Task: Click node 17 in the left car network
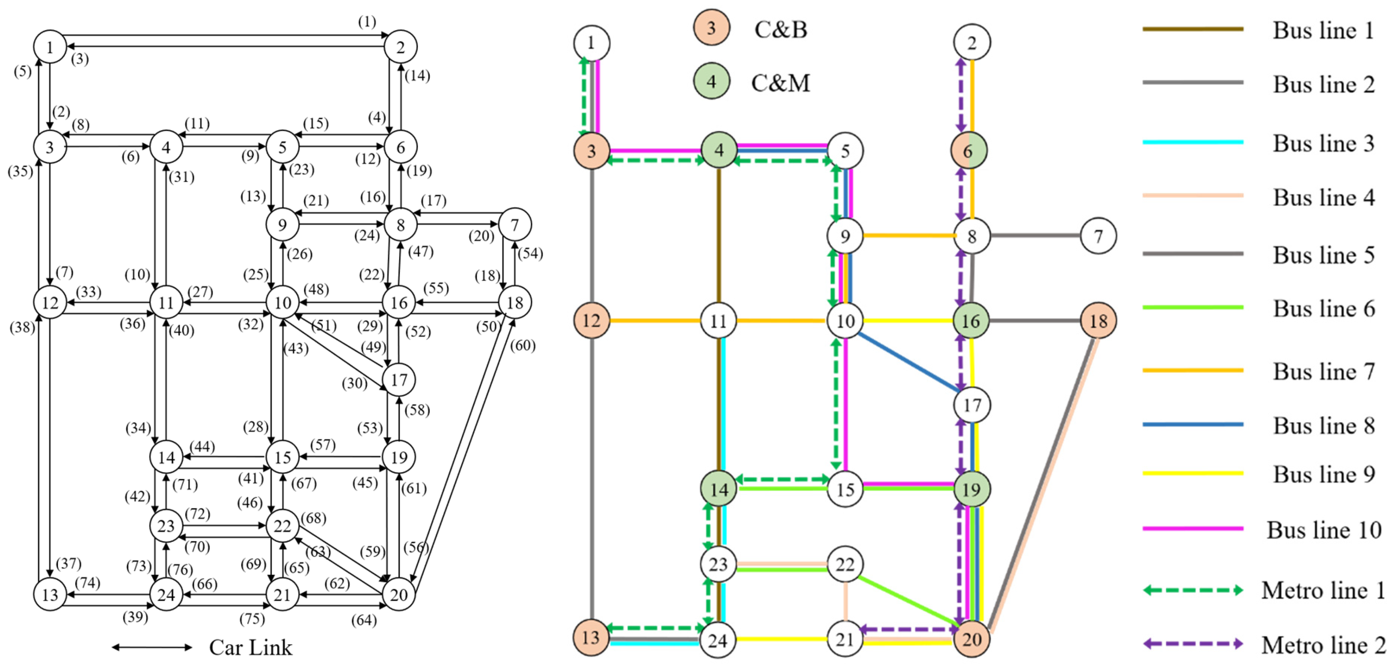click(399, 380)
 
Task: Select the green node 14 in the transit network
click(719, 489)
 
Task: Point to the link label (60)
click(523, 345)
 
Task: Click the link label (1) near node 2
click(367, 21)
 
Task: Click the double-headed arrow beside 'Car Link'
click(151, 647)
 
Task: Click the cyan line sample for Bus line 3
click(1193, 142)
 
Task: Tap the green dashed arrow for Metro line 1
click(1193, 590)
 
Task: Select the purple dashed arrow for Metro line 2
click(1193, 644)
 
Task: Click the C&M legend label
click(780, 83)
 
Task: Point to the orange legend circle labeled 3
click(711, 27)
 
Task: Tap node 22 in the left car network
click(282, 526)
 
